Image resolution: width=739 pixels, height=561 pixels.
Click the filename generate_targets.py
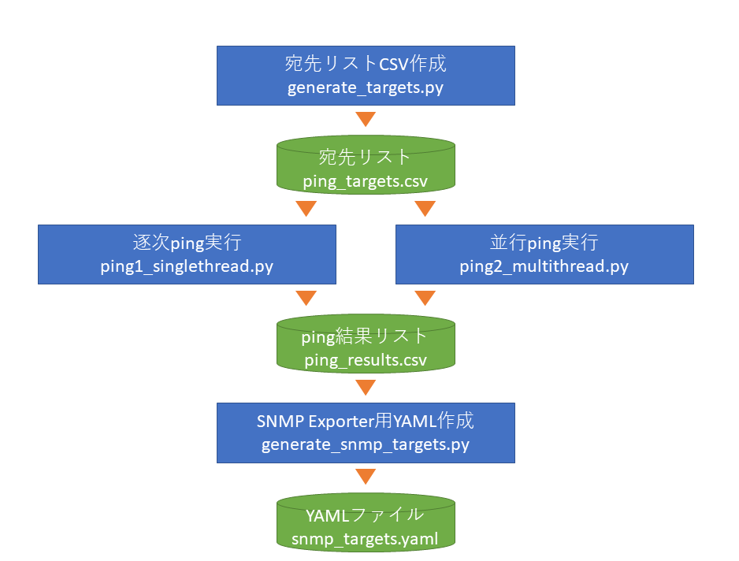click(366, 88)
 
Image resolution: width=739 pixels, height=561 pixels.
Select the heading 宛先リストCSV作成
click(366, 63)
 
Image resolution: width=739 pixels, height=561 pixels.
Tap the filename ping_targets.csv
click(366, 181)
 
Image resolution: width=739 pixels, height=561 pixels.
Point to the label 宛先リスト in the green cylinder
click(364, 157)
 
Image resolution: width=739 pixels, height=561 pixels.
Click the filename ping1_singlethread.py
click(187, 267)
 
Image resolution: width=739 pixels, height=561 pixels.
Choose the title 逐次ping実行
click(187, 243)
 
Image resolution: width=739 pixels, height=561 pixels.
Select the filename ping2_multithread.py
click(544, 267)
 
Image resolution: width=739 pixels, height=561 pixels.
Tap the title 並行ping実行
click(544, 243)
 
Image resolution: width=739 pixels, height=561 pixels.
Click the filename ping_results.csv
click(366, 360)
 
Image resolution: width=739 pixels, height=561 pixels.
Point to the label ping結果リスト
click(364, 336)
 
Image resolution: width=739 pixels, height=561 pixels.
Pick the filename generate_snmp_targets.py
click(366, 445)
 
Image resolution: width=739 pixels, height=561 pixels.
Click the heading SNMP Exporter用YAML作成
click(366, 421)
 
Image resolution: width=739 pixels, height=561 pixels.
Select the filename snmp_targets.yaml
click(365, 539)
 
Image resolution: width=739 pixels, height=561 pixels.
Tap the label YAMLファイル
click(365, 515)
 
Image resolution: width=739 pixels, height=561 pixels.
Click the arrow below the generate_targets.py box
click(366, 119)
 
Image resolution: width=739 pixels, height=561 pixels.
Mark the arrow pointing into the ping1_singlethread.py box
click(306, 208)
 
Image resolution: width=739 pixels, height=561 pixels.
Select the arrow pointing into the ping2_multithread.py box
click(425, 208)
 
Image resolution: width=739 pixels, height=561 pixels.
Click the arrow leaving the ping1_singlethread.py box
click(306, 298)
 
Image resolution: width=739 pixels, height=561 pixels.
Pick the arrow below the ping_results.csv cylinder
click(366, 387)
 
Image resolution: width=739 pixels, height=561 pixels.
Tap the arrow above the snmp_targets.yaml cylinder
click(366, 476)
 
